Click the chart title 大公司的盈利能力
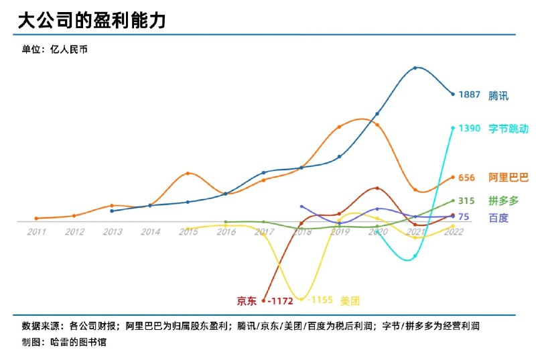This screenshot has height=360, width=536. (91, 20)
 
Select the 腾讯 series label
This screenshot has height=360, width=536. (498, 95)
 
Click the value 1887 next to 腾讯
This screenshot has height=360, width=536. (469, 95)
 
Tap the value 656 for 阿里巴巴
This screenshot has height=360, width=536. (466, 178)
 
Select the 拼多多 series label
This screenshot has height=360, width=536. (503, 200)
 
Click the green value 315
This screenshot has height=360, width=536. (466, 200)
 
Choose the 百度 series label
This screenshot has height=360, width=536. (498, 217)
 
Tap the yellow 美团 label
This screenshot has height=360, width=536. (350, 300)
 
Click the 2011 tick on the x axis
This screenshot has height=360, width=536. (37, 232)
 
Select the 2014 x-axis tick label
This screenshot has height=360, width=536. (150, 232)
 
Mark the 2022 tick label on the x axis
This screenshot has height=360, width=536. (454, 232)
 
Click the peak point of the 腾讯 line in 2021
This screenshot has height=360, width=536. (415, 68)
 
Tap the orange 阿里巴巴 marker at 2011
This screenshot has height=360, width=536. (36, 219)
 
